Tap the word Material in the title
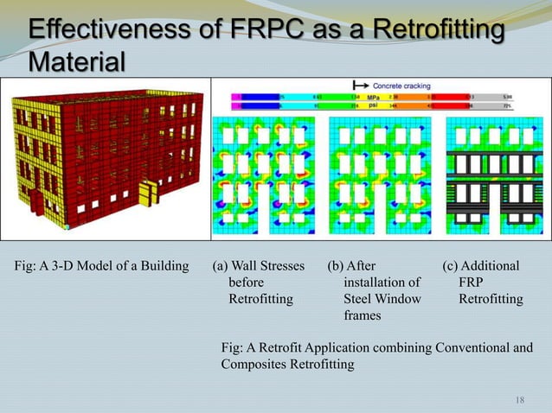[x=76, y=62]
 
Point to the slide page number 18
[x=520, y=399]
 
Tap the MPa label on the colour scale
[x=374, y=98]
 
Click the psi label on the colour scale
[x=374, y=107]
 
